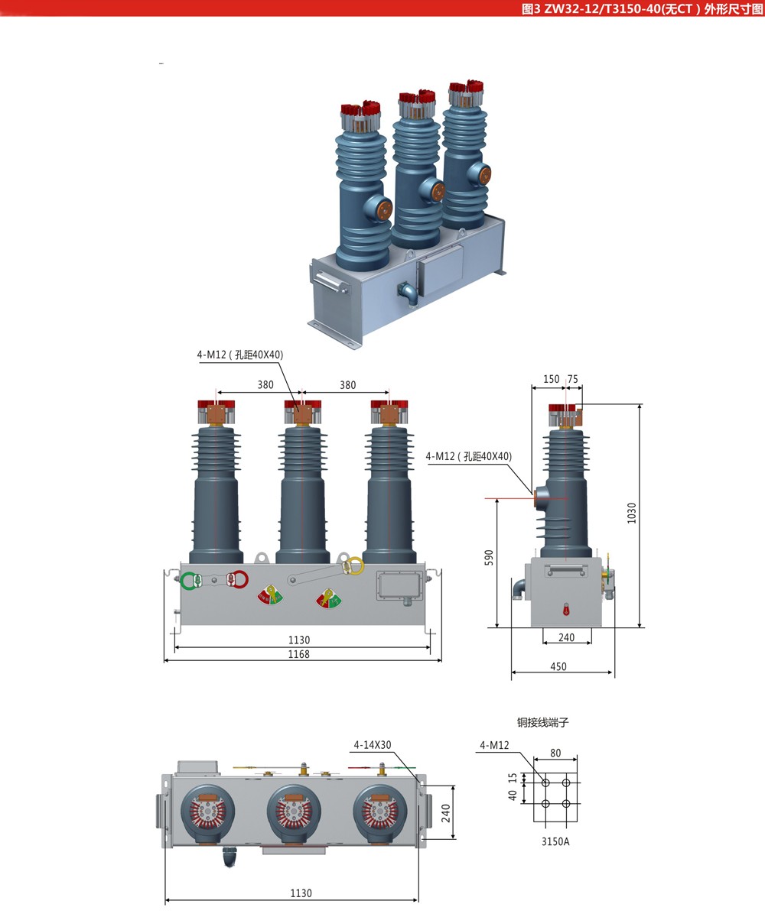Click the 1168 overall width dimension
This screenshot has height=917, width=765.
pos(299,654)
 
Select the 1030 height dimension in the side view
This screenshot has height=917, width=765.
pos(632,512)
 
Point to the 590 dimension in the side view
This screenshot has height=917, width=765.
pos(490,557)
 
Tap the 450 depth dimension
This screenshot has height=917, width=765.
pos(558,666)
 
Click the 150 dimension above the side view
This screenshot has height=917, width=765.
pos(551,379)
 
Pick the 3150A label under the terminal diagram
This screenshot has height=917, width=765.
pos(555,842)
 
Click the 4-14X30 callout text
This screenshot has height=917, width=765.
pos(373,744)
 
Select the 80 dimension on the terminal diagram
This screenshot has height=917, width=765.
pos(555,753)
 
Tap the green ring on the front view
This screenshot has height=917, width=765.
pos(188,581)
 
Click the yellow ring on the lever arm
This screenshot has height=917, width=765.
pos(354,566)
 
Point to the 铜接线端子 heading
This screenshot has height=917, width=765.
pos(543,722)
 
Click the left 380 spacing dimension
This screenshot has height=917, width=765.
pos(265,384)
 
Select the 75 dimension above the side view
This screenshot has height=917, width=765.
pos(572,379)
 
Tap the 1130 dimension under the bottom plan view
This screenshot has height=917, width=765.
pos(301,893)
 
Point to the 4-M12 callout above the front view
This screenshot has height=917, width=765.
pos(240,355)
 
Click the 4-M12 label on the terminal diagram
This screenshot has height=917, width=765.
pos(494,745)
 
